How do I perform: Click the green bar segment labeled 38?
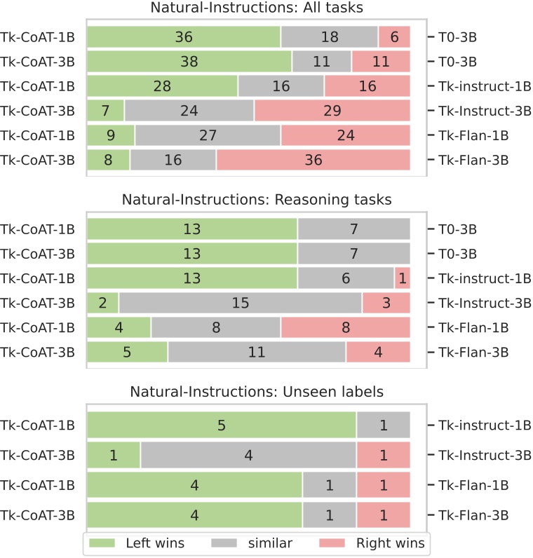click(189, 62)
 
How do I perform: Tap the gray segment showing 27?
click(208, 135)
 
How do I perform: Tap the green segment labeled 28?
click(162, 86)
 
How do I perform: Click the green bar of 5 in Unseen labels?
click(222, 425)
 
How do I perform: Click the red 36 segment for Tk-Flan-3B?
click(313, 160)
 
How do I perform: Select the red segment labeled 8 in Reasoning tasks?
click(345, 327)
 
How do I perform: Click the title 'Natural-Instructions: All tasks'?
click(257, 8)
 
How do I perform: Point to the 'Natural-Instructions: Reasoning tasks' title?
click(257, 200)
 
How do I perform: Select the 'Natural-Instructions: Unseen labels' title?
click(257, 391)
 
